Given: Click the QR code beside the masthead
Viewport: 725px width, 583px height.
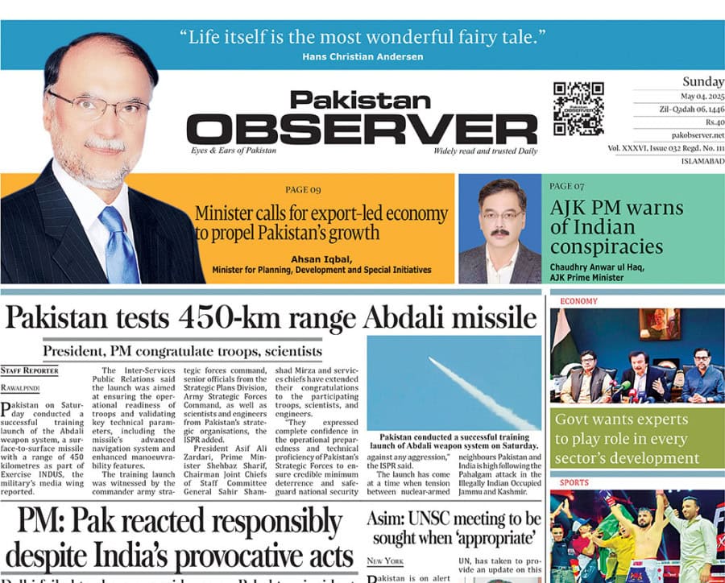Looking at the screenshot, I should pyautogui.click(x=578, y=108).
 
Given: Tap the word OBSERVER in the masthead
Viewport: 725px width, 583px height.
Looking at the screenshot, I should pyautogui.click(x=362, y=129).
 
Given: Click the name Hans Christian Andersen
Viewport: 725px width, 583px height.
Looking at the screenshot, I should pyautogui.click(x=362, y=56).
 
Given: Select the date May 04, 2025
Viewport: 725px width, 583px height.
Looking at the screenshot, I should pyautogui.click(x=691, y=96).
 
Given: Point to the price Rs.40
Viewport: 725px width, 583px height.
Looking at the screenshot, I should pyautogui.click(x=711, y=122).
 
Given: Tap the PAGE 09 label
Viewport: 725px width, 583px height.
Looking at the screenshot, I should pyautogui.click(x=303, y=190).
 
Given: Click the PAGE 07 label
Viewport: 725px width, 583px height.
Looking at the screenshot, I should pyautogui.click(x=567, y=186).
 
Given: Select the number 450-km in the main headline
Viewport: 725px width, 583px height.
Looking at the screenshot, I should pyautogui.click(x=246, y=317).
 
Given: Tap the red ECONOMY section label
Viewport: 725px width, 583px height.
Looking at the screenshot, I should pyautogui.click(x=578, y=301).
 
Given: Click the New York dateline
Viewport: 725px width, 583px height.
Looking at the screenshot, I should pyautogui.click(x=385, y=560).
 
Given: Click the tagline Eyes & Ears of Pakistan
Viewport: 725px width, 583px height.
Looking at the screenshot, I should pyautogui.click(x=234, y=151).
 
